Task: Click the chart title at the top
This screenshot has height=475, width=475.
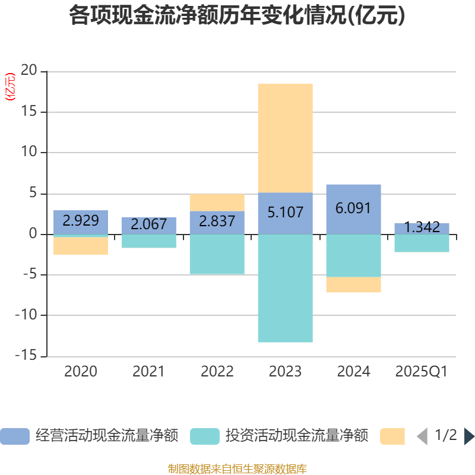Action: click(x=237, y=16)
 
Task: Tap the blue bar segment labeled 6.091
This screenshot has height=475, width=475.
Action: click(x=353, y=209)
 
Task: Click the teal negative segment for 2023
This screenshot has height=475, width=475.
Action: click(x=285, y=288)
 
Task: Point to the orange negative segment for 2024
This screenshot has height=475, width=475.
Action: click(x=353, y=285)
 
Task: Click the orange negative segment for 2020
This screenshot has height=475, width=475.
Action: click(x=81, y=246)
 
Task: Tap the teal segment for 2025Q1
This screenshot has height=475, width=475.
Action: click(x=422, y=243)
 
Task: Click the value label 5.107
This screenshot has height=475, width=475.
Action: click(x=285, y=213)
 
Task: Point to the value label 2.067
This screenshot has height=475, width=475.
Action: click(x=148, y=224)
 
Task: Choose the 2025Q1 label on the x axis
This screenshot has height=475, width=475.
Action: click(x=422, y=372)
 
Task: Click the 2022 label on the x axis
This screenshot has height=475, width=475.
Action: click(x=217, y=372)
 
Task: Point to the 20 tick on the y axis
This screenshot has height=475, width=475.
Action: click(x=29, y=71)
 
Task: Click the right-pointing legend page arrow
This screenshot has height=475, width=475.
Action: click(x=469, y=436)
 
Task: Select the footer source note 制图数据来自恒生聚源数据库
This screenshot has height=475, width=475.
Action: click(x=237, y=469)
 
